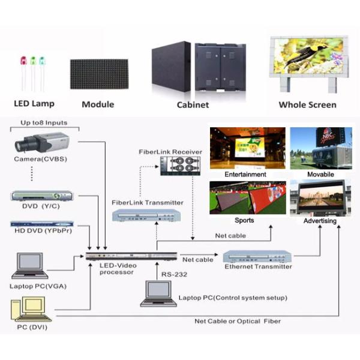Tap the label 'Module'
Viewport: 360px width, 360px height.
(x=98, y=104)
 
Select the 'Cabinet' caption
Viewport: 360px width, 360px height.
(x=193, y=104)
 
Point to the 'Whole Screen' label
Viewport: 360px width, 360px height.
(x=307, y=104)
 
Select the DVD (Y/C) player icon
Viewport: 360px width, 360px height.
(x=42, y=196)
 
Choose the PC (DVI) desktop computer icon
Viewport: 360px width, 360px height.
(x=30, y=311)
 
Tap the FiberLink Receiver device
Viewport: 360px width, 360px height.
(x=179, y=167)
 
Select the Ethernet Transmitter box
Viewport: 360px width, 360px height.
(x=257, y=256)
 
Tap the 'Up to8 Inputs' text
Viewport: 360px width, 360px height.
(x=44, y=123)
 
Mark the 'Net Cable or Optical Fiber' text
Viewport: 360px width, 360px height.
(x=237, y=321)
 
